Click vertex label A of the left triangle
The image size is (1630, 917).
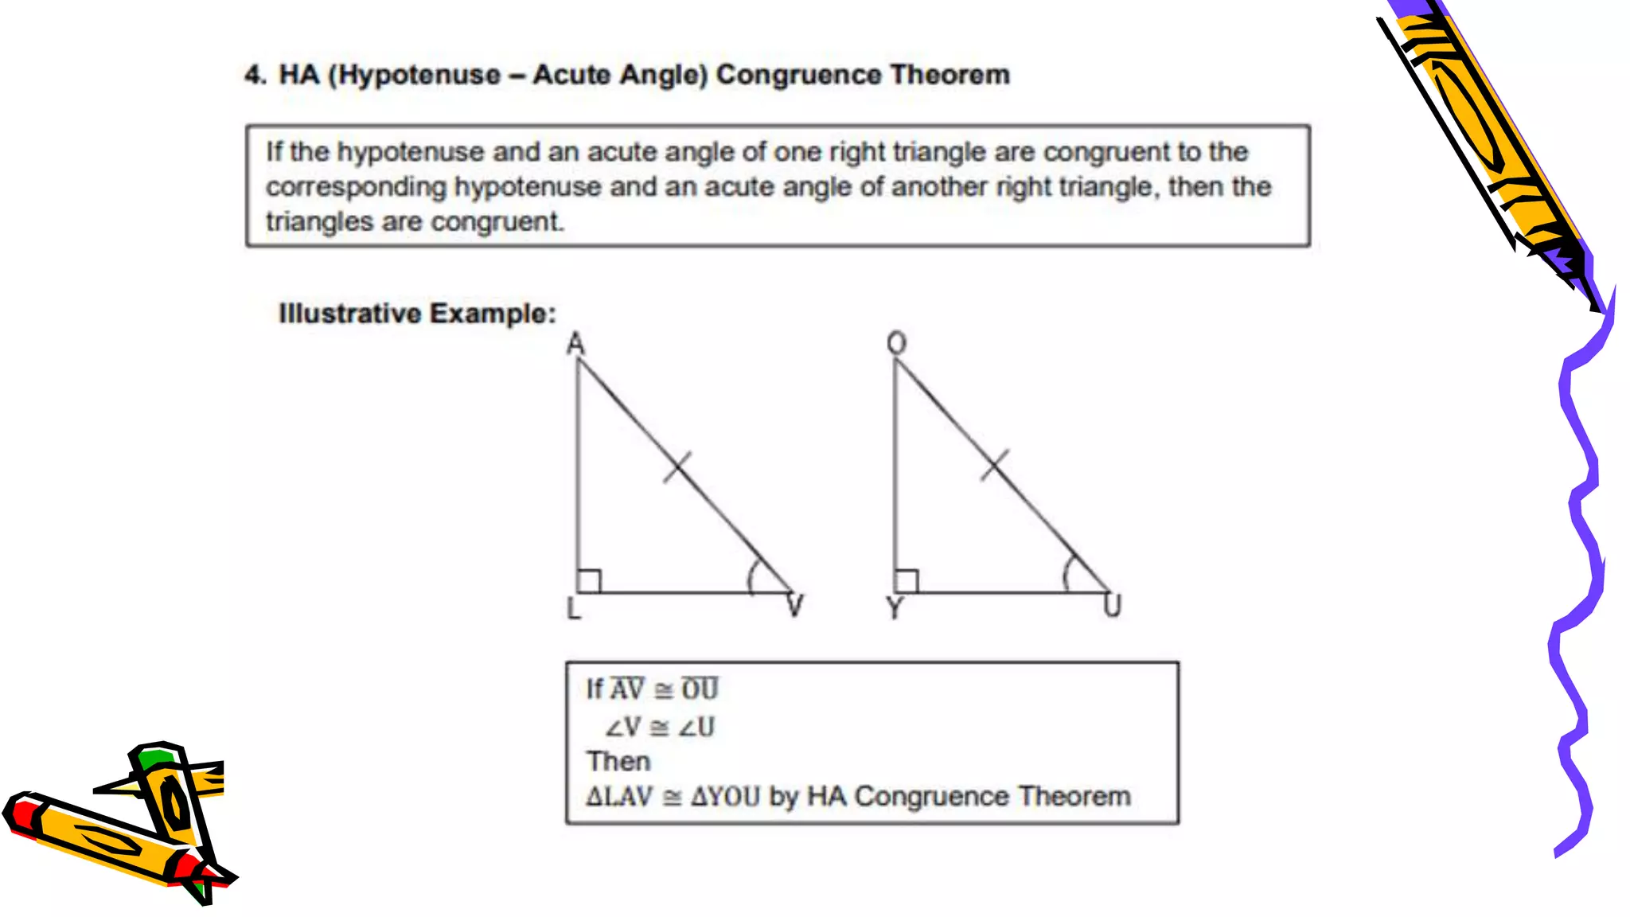click(x=575, y=344)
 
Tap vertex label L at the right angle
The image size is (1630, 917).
click(x=574, y=609)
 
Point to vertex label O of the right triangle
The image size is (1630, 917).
click(x=897, y=343)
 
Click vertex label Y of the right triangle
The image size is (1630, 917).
click(x=895, y=608)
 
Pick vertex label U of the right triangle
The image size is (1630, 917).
click(x=1112, y=607)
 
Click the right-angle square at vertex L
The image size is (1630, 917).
click(x=589, y=581)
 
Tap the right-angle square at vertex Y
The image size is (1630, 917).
click(x=907, y=581)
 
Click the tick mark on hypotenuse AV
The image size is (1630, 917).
click(x=677, y=466)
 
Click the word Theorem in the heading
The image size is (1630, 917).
click(x=950, y=75)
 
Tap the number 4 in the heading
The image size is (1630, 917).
click(x=253, y=75)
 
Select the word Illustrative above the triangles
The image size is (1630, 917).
click(x=349, y=314)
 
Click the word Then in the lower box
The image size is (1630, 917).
click(x=618, y=762)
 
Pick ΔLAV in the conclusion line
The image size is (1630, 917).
click(x=619, y=797)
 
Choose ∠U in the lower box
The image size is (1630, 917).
click(x=696, y=727)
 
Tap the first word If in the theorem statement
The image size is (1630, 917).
click(x=274, y=151)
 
